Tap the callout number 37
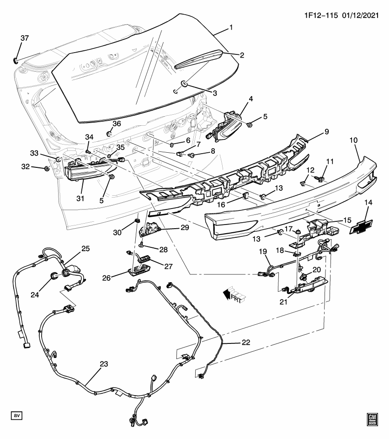tap(24, 38)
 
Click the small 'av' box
tap(16, 415)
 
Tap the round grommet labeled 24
tap(53, 275)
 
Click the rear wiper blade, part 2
tap(198, 60)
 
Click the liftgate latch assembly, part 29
tap(151, 228)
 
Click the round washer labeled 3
tap(184, 83)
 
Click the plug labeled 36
tap(109, 134)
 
